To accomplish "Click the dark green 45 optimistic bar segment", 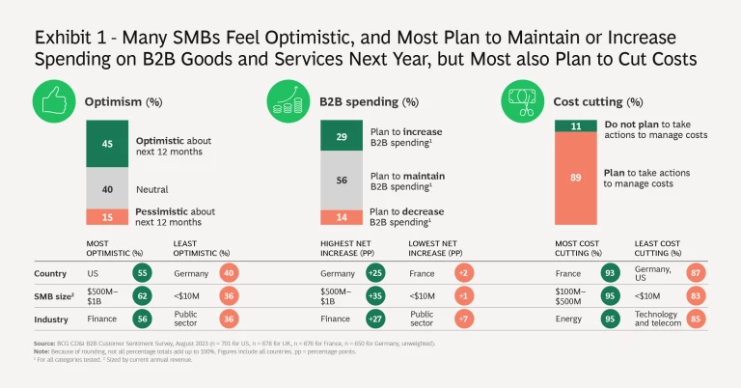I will coord(106,147).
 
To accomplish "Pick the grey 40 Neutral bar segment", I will coord(106,190).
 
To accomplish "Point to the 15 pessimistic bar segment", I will coord(106,216).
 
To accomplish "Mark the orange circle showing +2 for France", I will coord(464,274).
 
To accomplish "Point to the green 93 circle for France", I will coord(610,274).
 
